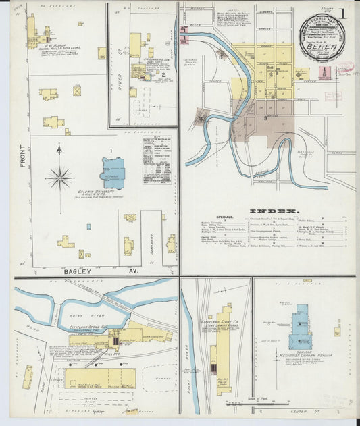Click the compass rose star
tap(59, 178)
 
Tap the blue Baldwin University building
tap(113, 173)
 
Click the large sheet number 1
tap(344, 13)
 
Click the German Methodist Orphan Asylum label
tap(301, 354)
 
